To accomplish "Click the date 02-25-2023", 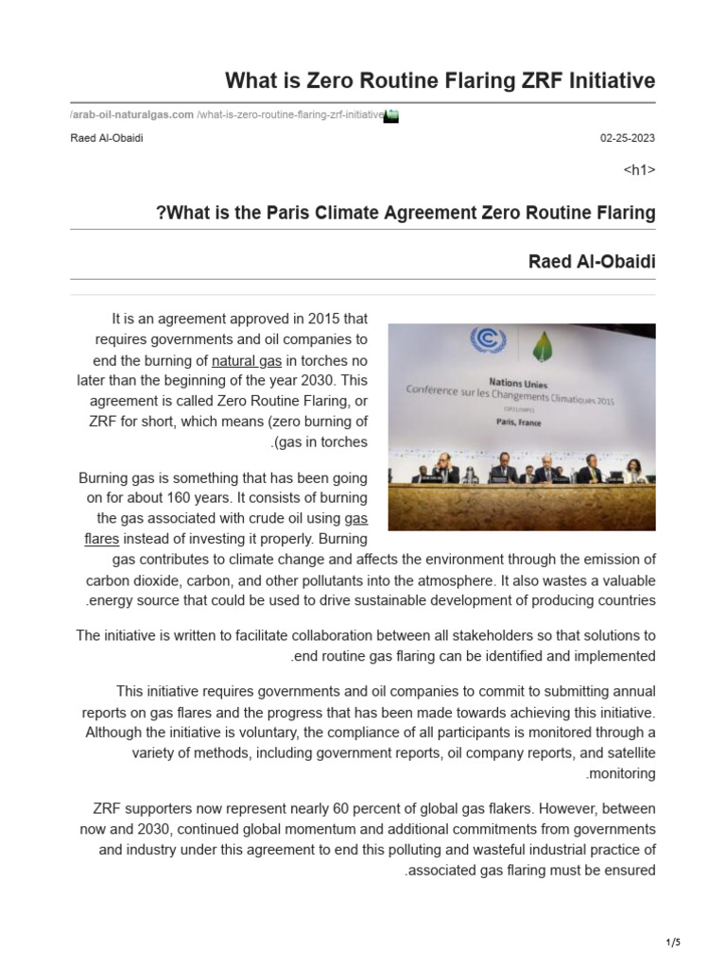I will click(x=628, y=138).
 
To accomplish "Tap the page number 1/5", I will click(x=672, y=942).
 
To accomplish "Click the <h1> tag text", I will click(x=640, y=170).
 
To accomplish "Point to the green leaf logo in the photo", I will click(x=542, y=345).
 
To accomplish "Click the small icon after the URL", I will click(x=392, y=115).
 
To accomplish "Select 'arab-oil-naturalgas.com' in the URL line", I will click(x=131, y=115).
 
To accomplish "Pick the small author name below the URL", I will click(x=107, y=138).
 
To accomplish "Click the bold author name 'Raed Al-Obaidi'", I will click(x=591, y=261).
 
